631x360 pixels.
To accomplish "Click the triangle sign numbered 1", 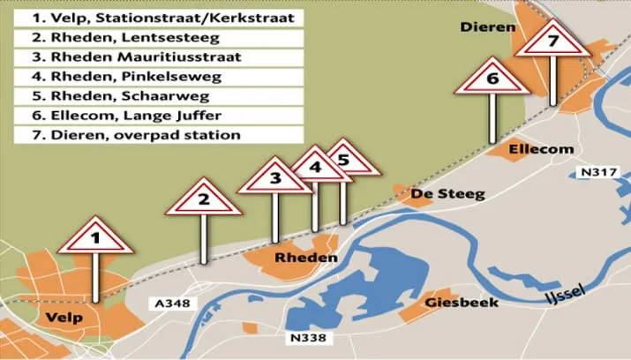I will click(x=100, y=236).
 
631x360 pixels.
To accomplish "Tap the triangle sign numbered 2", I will click(x=203, y=199).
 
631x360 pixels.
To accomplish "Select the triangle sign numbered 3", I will click(x=274, y=178).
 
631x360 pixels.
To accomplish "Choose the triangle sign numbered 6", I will click(x=492, y=80).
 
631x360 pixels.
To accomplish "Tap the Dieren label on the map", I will click(x=487, y=27).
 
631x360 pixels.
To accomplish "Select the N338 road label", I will click(x=308, y=336).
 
